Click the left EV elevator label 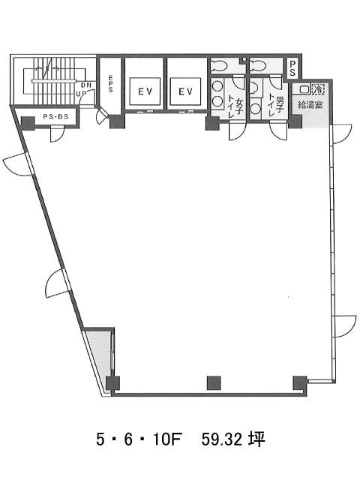[145, 91]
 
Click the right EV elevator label [185, 91]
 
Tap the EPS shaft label [110, 84]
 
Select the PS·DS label [55, 117]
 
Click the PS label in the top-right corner [292, 68]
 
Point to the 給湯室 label [310, 105]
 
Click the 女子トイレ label [235, 106]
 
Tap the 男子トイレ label [276, 106]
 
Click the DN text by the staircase [86, 85]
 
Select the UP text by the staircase [81, 94]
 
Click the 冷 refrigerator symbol [318, 89]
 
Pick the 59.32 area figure [222, 440]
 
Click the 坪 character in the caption [256, 440]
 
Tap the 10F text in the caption [168, 440]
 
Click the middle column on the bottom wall [214, 383]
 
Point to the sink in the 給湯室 [304, 89]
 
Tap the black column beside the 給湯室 [295, 121]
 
